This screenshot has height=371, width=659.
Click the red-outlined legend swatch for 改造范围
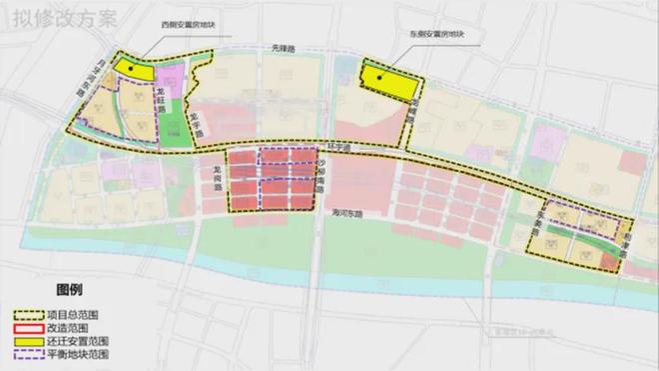click(22, 327)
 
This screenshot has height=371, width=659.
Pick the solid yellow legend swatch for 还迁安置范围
click(22, 341)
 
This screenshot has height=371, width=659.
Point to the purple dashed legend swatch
click(22, 355)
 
